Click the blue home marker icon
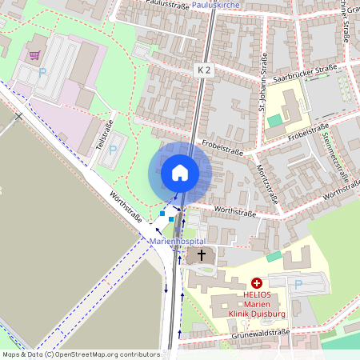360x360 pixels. point(180,172)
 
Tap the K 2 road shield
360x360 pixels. point(205,70)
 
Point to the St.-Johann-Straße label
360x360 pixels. point(264,76)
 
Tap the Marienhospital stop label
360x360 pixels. point(178,241)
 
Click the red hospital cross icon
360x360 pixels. point(257,282)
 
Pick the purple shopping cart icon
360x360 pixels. point(34,55)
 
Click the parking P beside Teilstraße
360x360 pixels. point(113,149)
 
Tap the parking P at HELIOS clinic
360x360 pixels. point(298,284)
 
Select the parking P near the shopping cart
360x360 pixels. point(42,72)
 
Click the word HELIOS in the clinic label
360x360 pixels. point(257,294)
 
